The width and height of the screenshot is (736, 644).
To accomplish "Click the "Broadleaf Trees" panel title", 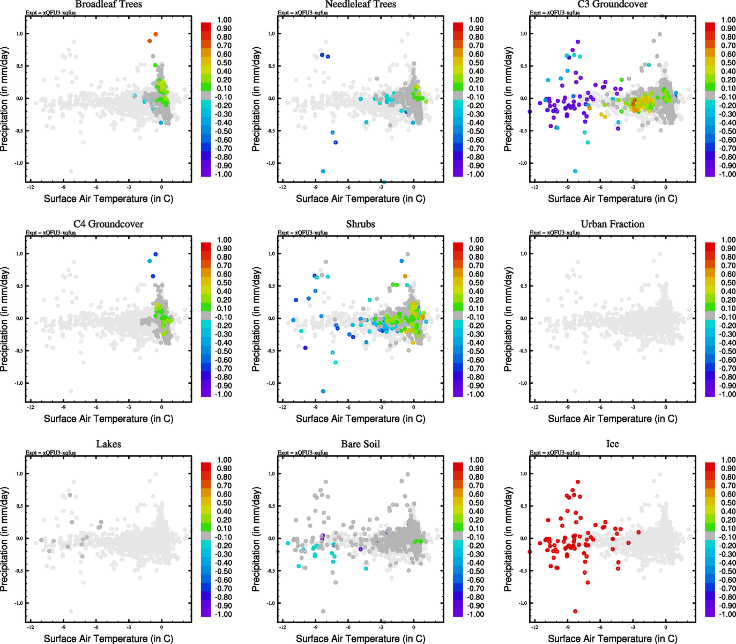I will click(x=108, y=4).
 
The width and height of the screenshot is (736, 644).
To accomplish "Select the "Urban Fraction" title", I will click(x=612, y=224).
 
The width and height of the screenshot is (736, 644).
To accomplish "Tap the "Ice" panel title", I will click(x=612, y=444).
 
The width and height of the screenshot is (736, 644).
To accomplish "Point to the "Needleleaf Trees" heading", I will click(x=360, y=4).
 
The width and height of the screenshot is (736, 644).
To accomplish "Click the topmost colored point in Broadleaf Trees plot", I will click(x=155, y=34).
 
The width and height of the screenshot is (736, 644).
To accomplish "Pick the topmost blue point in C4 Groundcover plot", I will click(x=155, y=254).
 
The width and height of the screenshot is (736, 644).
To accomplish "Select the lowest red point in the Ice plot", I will click(x=575, y=611).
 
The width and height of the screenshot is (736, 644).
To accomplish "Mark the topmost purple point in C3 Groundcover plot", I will click(x=578, y=41).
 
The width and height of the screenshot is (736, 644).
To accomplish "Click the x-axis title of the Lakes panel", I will click(x=108, y=639).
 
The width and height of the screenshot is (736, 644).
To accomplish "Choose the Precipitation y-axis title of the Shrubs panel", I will click(x=256, y=319).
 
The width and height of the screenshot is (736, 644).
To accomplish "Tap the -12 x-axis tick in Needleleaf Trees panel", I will click(x=282, y=187).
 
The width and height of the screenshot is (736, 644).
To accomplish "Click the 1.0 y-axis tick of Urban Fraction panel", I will click(x=523, y=254).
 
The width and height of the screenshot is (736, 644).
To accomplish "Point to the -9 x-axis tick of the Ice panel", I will click(x=567, y=627).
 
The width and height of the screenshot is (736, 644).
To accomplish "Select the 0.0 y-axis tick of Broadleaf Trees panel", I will click(x=19, y=98).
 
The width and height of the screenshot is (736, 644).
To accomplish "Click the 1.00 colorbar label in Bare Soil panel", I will click(x=476, y=460).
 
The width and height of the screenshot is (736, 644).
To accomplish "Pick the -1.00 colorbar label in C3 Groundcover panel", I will click(x=727, y=174).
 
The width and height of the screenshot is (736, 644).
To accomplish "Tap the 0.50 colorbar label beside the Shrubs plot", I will click(x=476, y=283).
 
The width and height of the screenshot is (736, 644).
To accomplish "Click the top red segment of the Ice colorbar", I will click(x=710, y=466).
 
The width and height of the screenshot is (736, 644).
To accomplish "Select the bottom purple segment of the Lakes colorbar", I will click(x=206, y=613).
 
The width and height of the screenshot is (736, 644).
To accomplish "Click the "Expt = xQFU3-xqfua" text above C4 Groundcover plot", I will click(x=51, y=233).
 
